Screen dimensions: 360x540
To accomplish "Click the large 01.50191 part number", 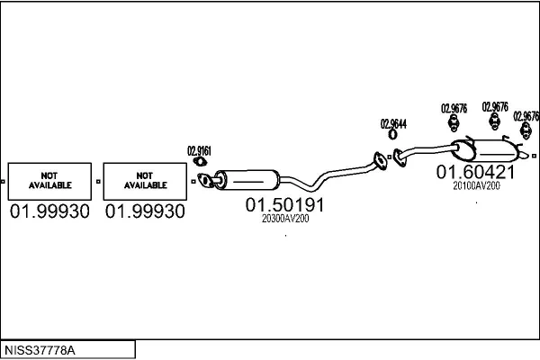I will coord(284,204).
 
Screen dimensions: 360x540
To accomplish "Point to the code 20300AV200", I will coord(284,219).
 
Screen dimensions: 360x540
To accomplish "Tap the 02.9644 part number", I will coord(393,123).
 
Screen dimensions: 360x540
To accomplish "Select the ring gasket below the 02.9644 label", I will coord(392,137).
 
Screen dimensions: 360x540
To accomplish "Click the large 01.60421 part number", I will coord(476,171).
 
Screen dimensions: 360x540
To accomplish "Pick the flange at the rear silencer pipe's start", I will coord(399,158).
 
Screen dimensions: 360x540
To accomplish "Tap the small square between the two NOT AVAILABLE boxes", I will coord(98,182).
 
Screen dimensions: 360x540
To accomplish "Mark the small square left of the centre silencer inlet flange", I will coord(193,182).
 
